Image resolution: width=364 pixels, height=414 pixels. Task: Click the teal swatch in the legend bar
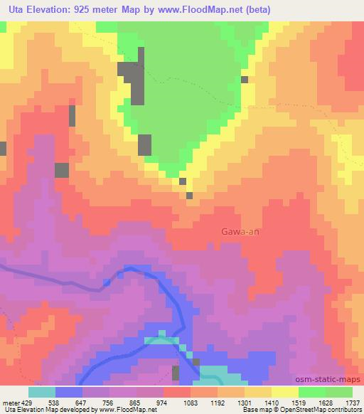click(41, 392)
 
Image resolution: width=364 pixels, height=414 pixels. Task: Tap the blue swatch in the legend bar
click(69, 392)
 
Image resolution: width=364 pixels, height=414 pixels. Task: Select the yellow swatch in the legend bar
click(284, 392)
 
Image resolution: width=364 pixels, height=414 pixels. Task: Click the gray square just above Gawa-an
click(190, 196)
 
